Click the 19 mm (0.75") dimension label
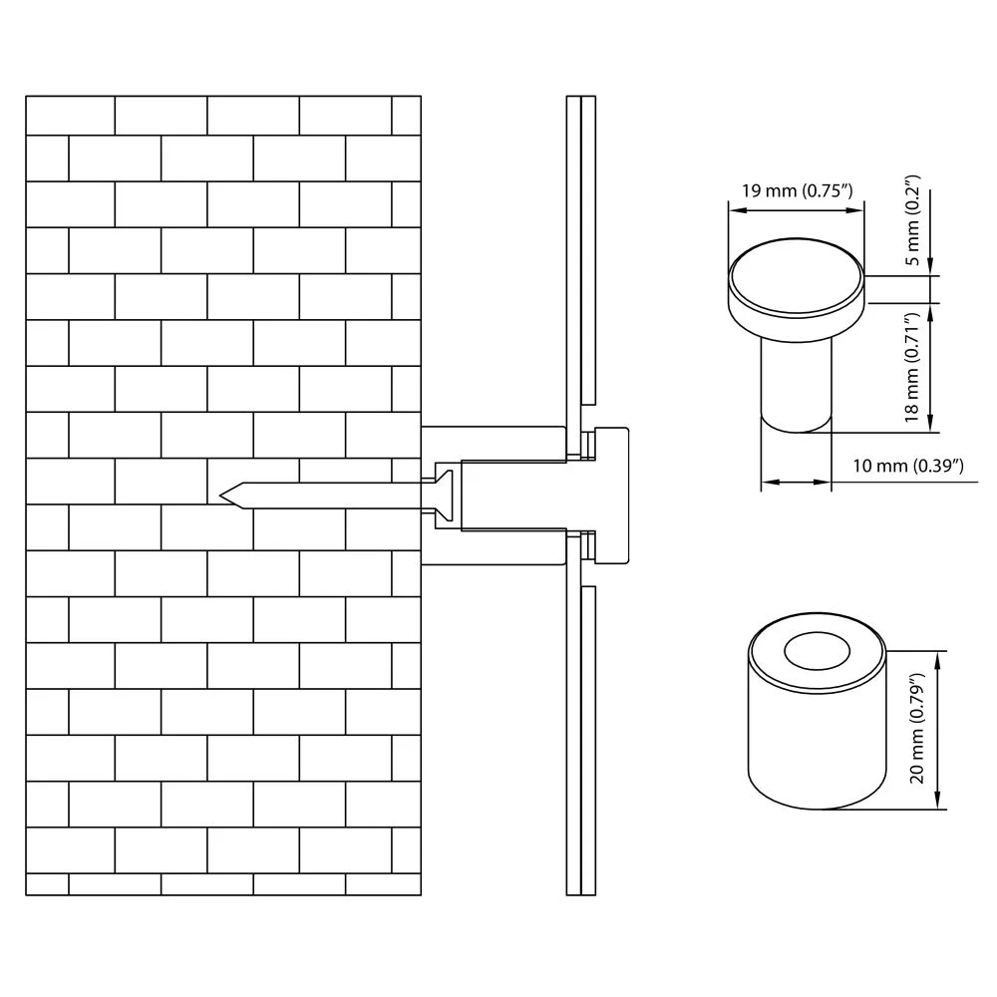(x=797, y=190)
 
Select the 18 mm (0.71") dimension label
(x=913, y=367)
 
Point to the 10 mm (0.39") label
(x=908, y=466)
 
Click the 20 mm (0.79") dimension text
(x=916, y=728)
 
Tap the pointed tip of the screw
(x=221, y=496)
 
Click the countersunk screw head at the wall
(x=444, y=496)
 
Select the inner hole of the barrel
(x=818, y=651)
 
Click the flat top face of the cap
(x=796, y=276)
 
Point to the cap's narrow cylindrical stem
(x=796, y=385)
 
